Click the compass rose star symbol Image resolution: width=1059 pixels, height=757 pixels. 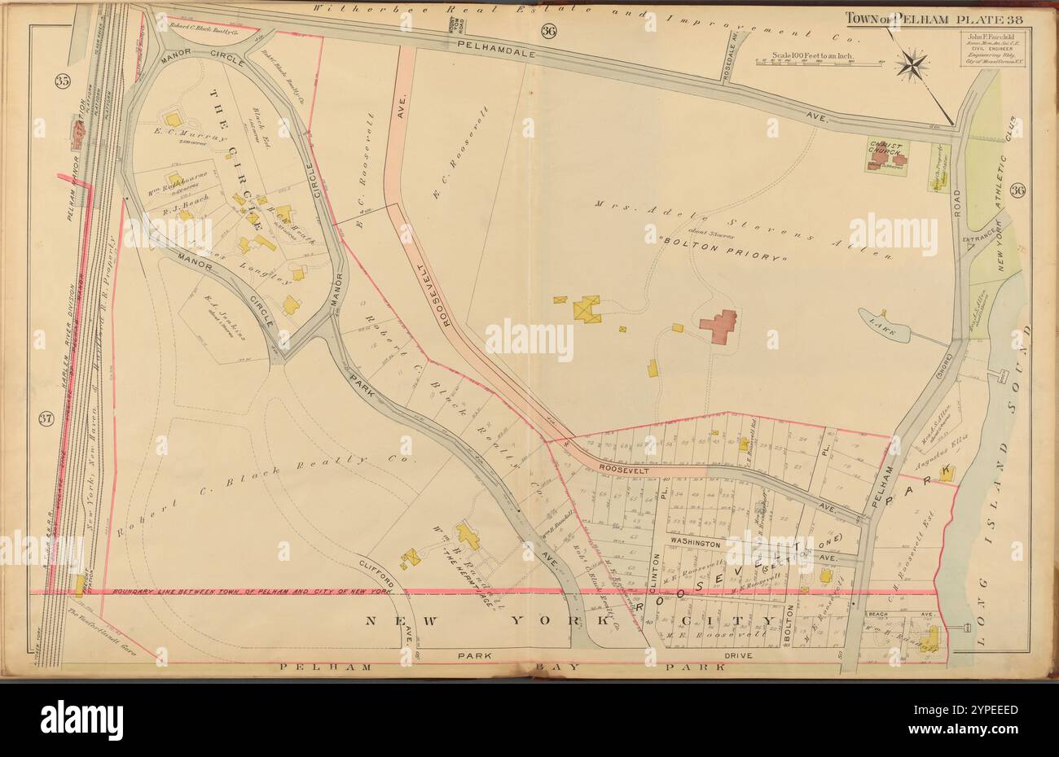coord(914,64)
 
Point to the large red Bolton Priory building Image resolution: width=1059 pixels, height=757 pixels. coord(718,326)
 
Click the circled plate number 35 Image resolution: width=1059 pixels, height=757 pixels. coord(62,81)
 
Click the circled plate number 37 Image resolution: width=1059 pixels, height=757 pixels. coord(46,419)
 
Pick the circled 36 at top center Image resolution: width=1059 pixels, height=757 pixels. coord(547,31)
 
